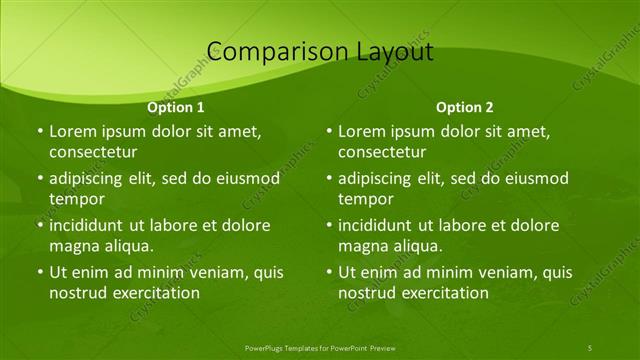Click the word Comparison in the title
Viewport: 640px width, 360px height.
[269, 52]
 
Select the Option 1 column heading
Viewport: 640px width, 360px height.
[176, 107]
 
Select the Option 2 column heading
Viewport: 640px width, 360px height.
[465, 107]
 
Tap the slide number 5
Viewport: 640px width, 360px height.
[590, 347]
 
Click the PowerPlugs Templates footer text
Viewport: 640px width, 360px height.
[320, 347]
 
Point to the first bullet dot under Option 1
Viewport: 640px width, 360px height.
[40, 131]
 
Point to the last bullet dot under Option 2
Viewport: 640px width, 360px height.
[329, 272]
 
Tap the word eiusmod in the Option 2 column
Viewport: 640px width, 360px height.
[535, 178]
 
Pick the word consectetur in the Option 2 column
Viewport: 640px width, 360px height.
[382, 151]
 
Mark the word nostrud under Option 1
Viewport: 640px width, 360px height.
[78, 292]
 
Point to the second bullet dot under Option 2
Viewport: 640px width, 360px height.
[329, 178]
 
